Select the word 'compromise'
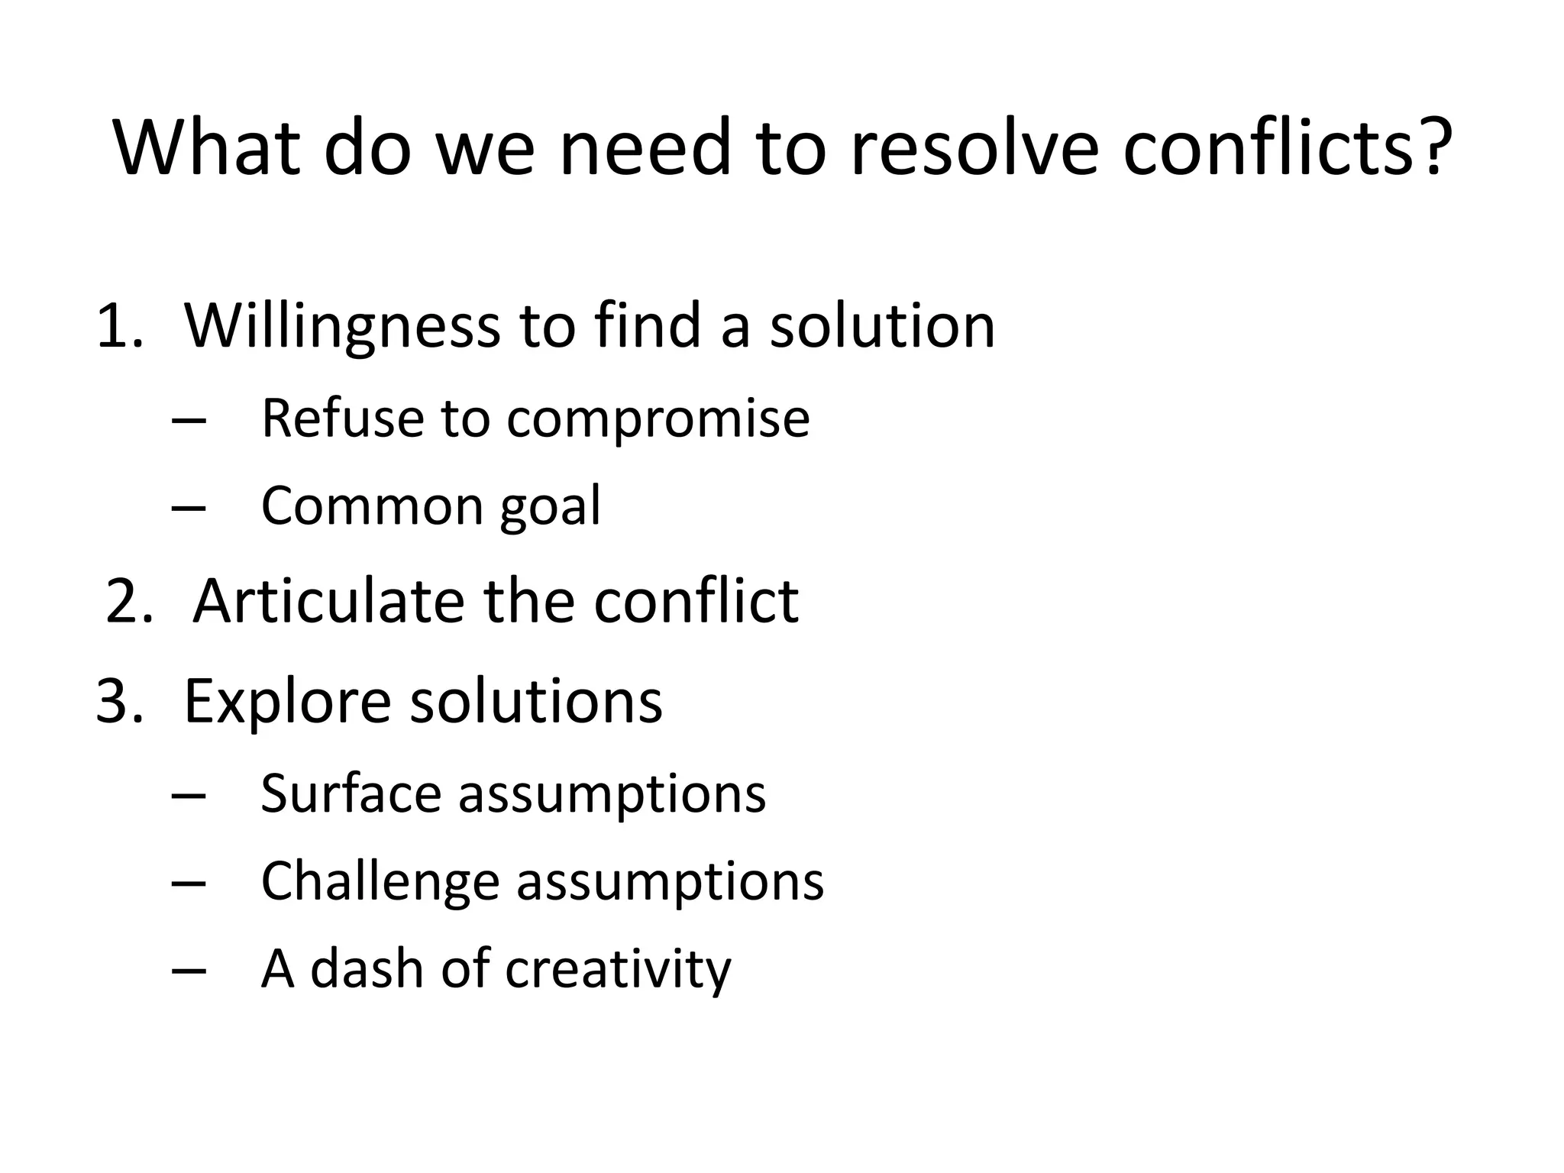(x=658, y=419)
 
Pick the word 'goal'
(x=550, y=507)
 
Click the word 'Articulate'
(x=328, y=601)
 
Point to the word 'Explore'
(x=287, y=700)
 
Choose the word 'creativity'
(x=618, y=969)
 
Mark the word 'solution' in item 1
(x=882, y=326)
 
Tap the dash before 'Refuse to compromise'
(x=189, y=419)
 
